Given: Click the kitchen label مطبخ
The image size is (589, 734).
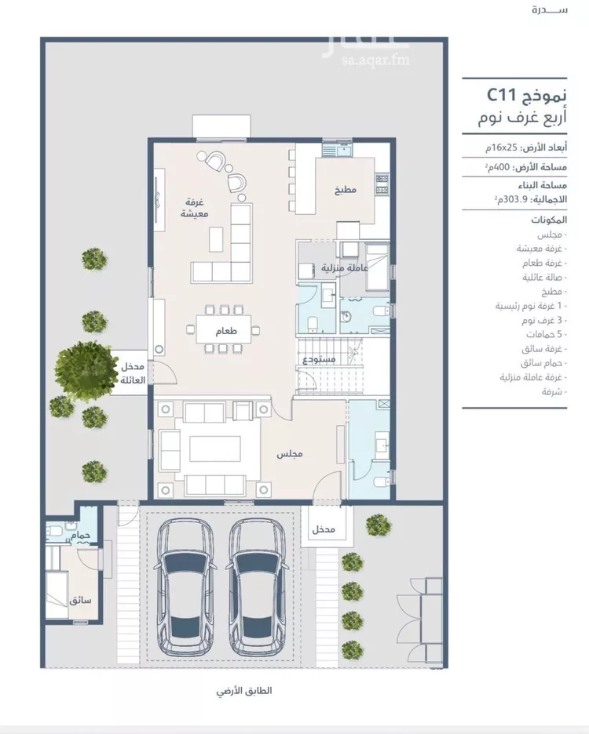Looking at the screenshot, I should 346,191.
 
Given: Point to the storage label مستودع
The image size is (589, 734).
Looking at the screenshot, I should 320,359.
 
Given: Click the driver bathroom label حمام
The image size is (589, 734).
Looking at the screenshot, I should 82,534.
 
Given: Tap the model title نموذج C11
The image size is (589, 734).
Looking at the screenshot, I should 523,96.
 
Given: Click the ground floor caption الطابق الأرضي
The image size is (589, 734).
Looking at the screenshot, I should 244,692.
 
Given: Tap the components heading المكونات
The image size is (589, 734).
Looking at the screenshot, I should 548,222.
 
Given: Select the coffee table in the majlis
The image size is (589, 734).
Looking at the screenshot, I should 214,449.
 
